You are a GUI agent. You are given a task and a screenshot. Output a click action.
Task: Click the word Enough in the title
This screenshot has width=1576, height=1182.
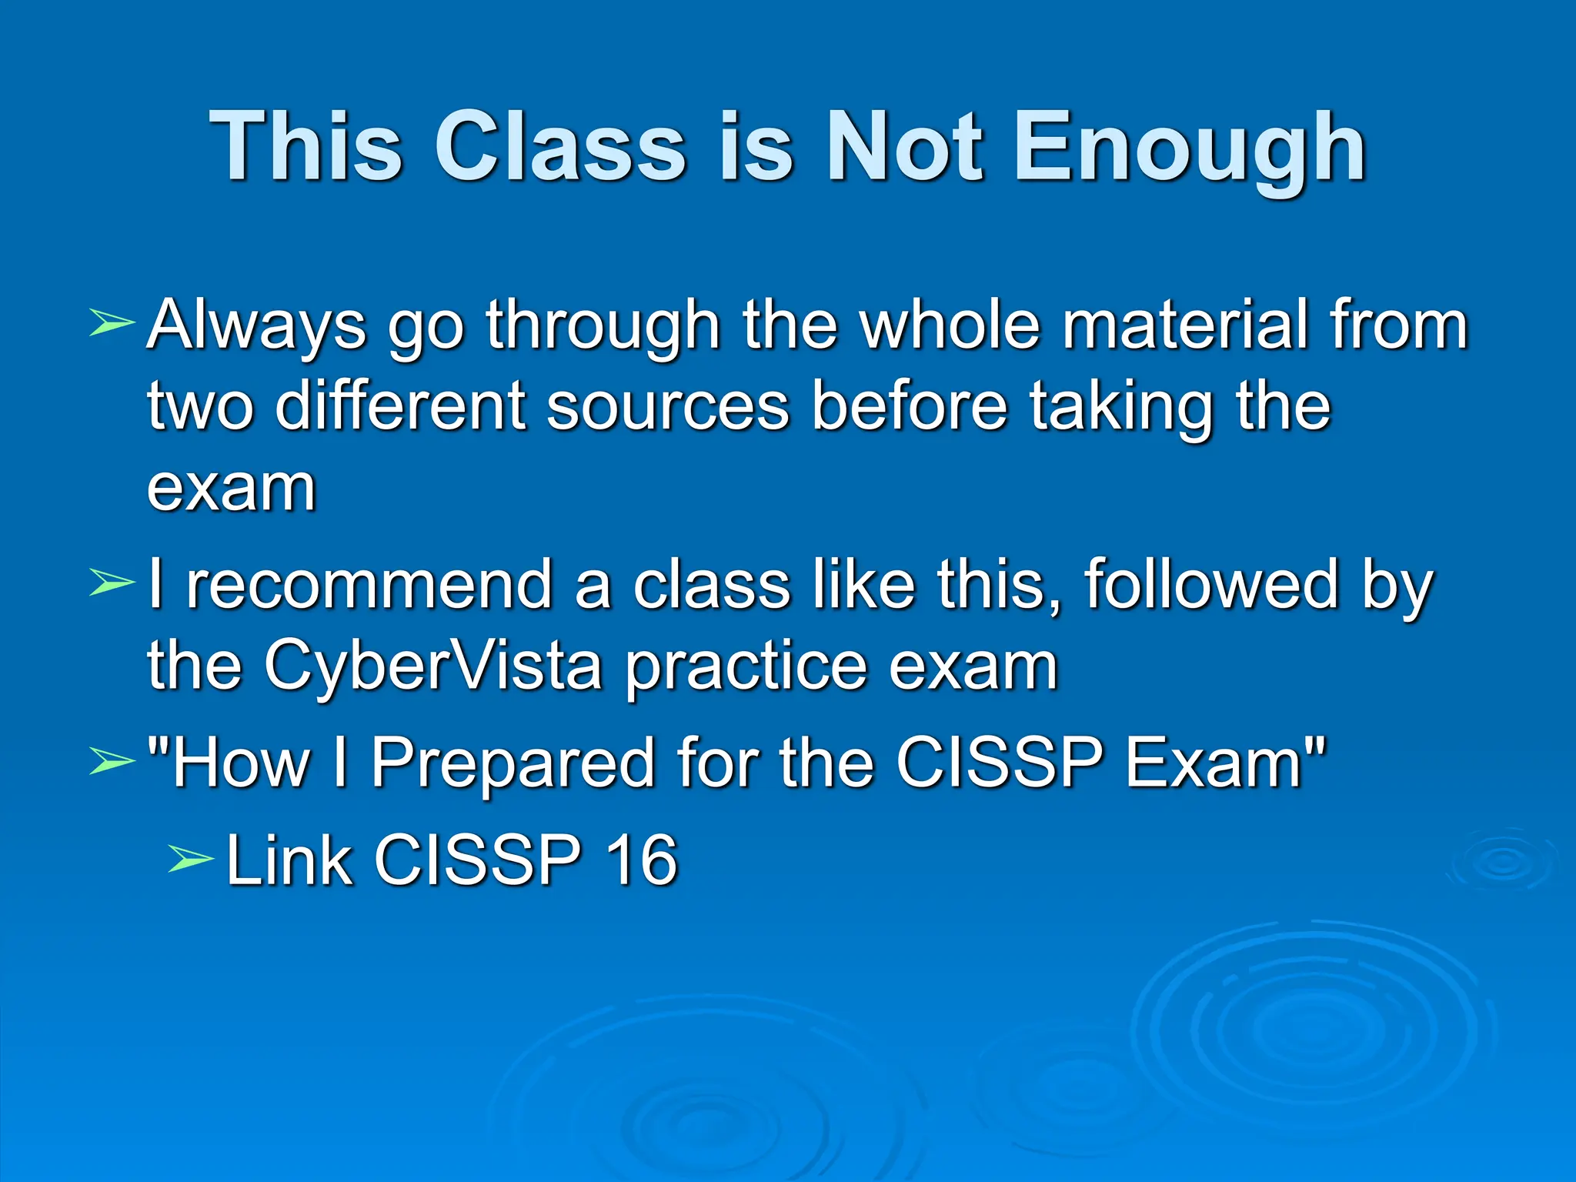point(1190,146)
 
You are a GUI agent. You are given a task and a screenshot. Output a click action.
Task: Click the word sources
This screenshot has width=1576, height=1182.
point(668,406)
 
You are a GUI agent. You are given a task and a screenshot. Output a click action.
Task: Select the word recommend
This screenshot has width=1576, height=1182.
point(369,585)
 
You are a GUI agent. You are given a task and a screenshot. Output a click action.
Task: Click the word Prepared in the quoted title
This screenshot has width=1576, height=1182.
point(511,763)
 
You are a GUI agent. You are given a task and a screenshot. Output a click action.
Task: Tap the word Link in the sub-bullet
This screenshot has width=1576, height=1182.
point(289,860)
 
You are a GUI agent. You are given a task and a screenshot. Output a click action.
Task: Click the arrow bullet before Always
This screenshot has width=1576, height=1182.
point(112,323)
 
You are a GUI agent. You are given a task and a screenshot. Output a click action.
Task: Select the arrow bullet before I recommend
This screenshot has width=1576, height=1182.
point(112,583)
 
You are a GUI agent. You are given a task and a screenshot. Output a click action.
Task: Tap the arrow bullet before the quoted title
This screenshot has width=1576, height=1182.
point(112,761)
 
